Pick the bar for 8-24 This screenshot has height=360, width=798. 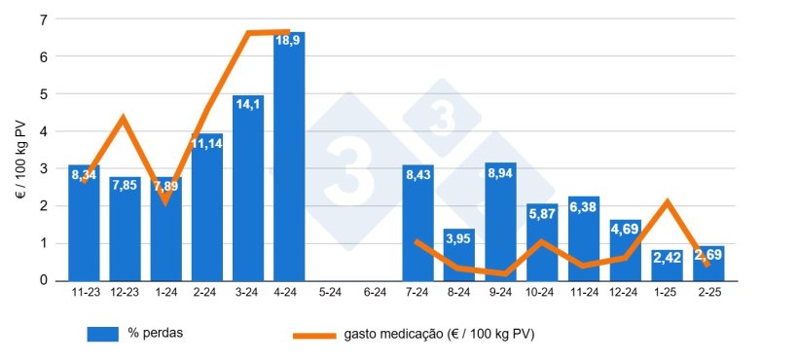click(458, 254)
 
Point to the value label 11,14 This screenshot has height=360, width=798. click(207, 144)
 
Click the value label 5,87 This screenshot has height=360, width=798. click(542, 214)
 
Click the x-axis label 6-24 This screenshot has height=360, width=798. click(375, 291)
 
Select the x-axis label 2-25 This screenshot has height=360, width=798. click(710, 291)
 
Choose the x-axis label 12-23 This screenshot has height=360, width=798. click(126, 291)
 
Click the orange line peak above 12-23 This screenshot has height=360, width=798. click(124, 119)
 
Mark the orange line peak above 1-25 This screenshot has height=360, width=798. click(667, 201)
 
